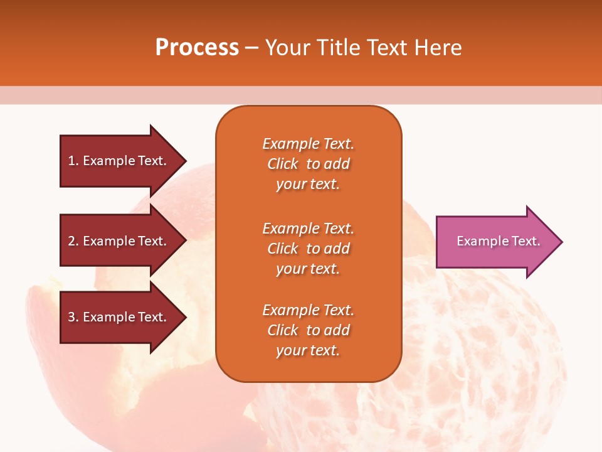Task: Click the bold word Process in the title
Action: click(197, 48)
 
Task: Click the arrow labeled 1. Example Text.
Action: click(117, 161)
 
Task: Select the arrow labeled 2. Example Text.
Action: click(117, 241)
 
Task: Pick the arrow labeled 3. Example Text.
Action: click(117, 317)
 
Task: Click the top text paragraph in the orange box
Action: click(308, 164)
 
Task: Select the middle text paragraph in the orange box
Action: click(308, 249)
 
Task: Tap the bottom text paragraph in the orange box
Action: click(308, 330)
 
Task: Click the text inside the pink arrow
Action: click(498, 241)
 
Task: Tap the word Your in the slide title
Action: click(287, 48)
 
